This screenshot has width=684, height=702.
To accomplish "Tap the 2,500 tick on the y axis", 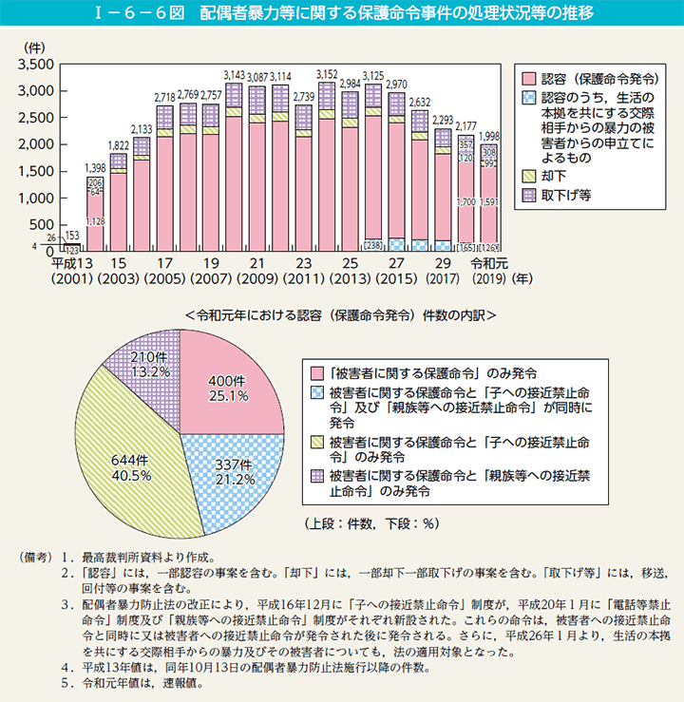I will click(37, 118).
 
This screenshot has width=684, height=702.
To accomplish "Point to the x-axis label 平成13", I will click(71, 264).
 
